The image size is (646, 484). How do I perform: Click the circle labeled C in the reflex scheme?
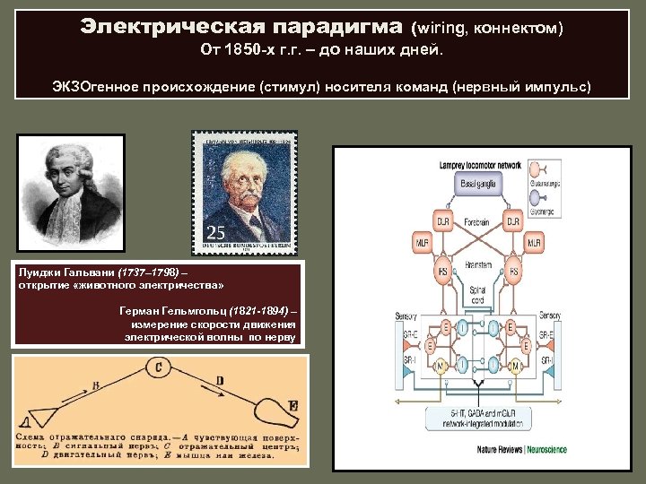tap(158, 368)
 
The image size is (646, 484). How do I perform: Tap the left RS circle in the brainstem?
tap(440, 270)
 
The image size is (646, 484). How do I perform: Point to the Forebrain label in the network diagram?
tap(477, 220)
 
